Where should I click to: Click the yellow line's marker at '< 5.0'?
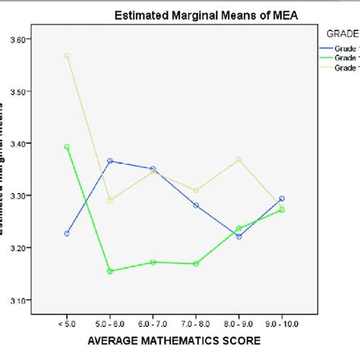click(x=67, y=55)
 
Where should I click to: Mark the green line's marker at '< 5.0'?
click(x=67, y=147)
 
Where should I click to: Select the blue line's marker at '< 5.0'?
click(x=67, y=233)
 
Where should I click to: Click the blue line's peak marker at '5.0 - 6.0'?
click(x=110, y=161)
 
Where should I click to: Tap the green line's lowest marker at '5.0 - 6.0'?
click(x=110, y=270)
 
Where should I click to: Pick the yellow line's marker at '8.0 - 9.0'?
click(x=238, y=159)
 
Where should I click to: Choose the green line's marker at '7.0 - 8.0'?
click(x=196, y=264)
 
